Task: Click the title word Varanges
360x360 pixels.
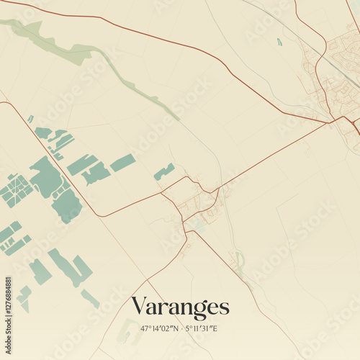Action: [180, 307]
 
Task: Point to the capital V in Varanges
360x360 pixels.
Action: [138, 307]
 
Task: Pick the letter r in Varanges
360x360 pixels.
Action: [162, 309]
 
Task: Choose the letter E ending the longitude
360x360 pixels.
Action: [215, 329]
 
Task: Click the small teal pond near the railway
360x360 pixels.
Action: [279, 42]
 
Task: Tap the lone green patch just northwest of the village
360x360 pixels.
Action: [164, 171]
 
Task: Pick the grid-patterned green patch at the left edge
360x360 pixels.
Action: [16, 190]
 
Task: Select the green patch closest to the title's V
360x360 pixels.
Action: [90, 298]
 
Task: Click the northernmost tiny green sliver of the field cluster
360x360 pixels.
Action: [30, 119]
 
